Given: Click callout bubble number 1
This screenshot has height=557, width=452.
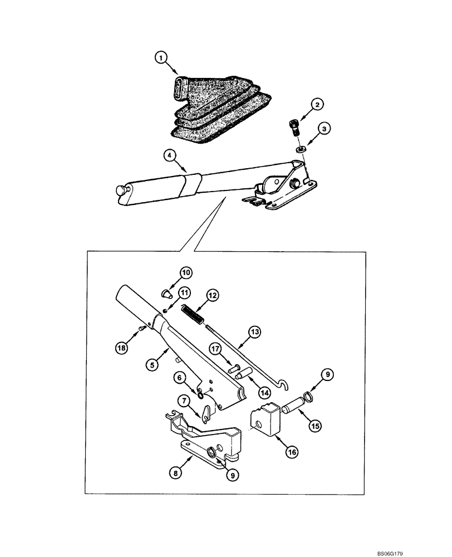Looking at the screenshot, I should [x=160, y=57].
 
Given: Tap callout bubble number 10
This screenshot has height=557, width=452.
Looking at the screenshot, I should [x=185, y=272].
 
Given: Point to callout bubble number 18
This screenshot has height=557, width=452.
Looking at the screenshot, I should [x=121, y=348].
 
